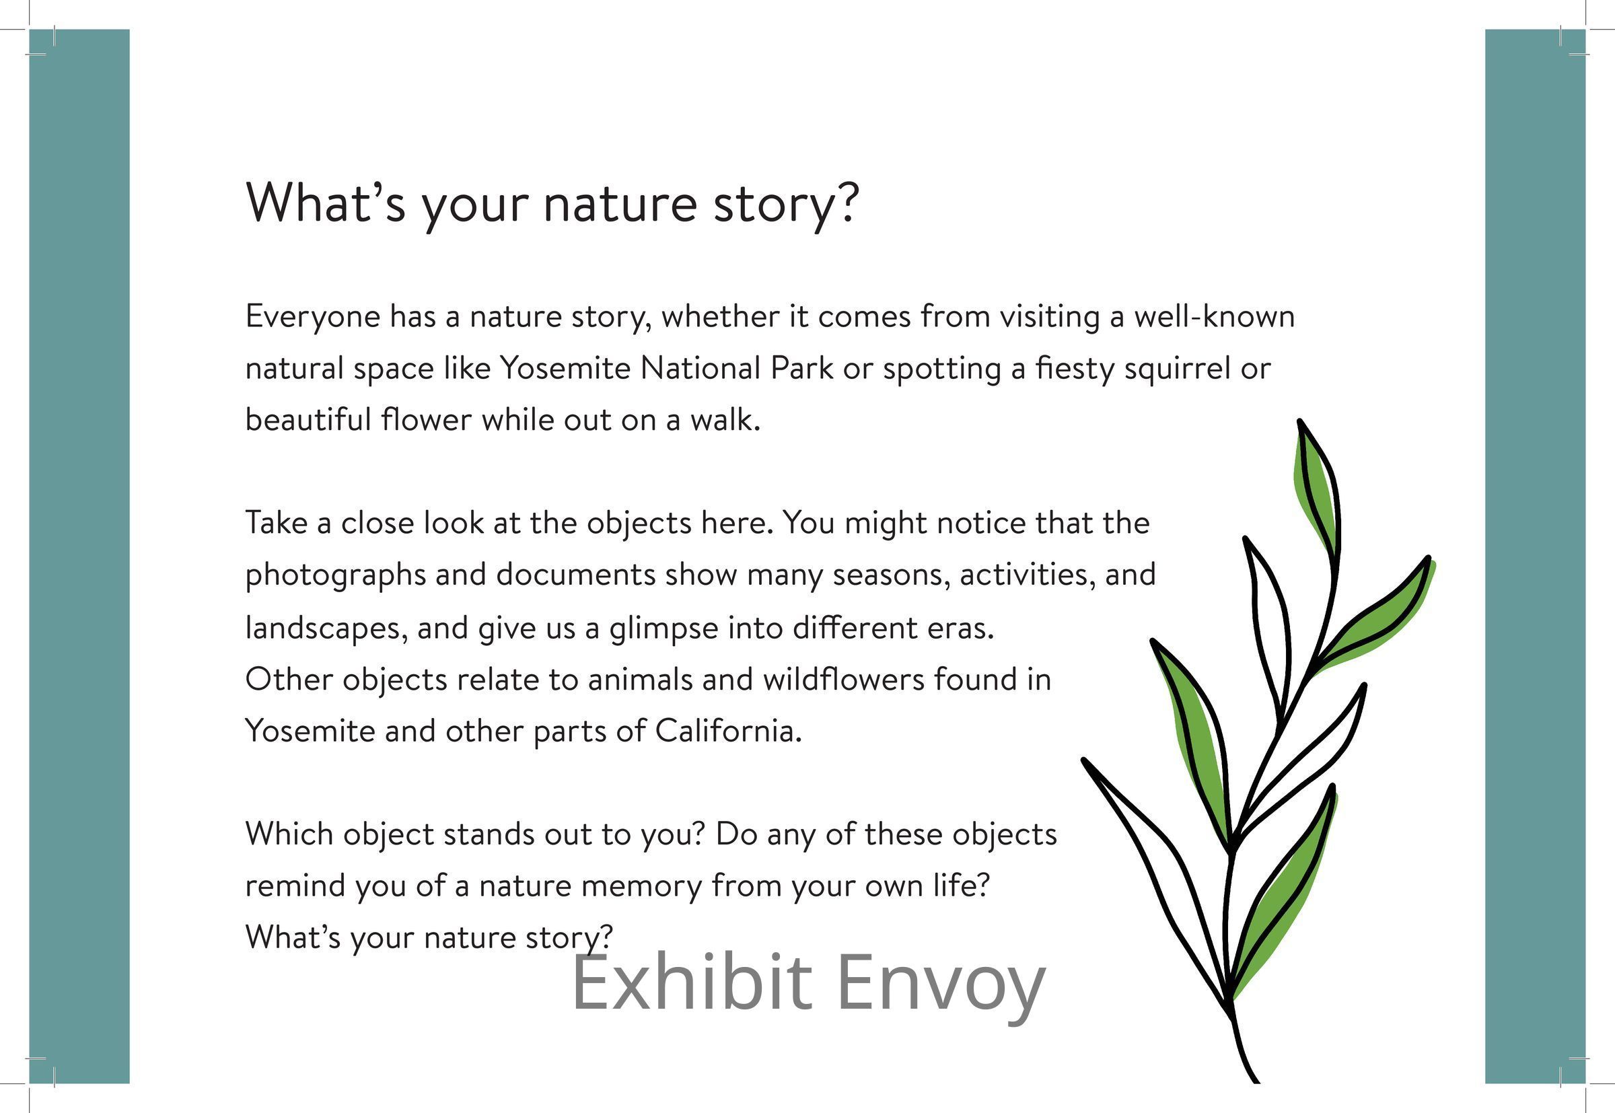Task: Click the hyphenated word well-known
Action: (x=1214, y=316)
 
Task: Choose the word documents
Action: (x=575, y=575)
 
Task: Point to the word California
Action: (x=729, y=730)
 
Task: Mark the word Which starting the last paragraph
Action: (x=289, y=833)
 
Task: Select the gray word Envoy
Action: (x=941, y=987)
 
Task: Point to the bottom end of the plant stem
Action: (x=1256, y=1081)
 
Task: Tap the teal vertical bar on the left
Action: (x=79, y=556)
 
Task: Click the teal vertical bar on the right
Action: (x=1535, y=556)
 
